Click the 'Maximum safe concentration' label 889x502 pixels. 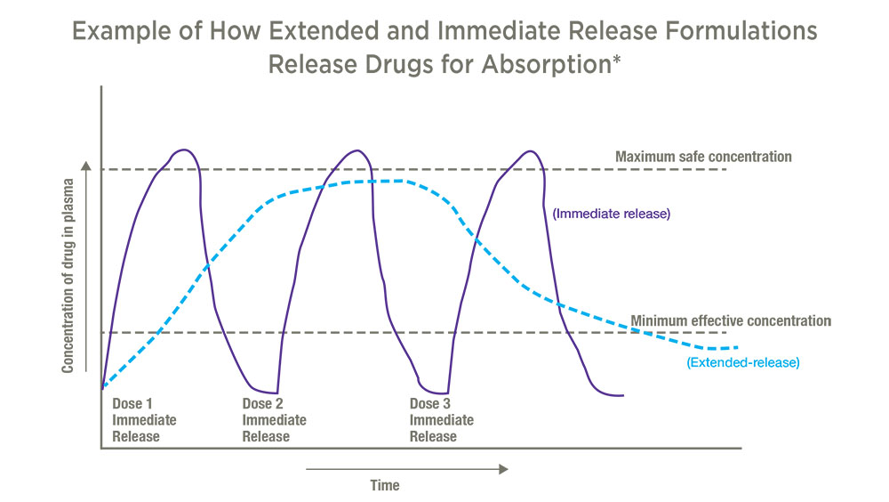pyautogui.click(x=703, y=157)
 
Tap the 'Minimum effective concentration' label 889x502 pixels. pyautogui.click(x=731, y=320)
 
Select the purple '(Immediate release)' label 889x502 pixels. pyautogui.click(x=612, y=214)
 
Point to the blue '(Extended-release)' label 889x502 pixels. pyautogui.click(x=742, y=362)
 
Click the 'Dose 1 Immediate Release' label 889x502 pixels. pyautogui.click(x=144, y=420)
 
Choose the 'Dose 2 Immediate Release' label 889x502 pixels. pyautogui.click(x=275, y=420)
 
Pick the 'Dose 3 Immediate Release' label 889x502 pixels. pyautogui.click(x=442, y=420)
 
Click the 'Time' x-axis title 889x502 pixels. pyautogui.click(x=385, y=485)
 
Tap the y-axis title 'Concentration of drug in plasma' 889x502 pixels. pyautogui.click(x=68, y=276)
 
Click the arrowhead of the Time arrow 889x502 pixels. pyautogui.click(x=503, y=469)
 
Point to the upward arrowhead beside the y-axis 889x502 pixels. pyautogui.click(x=85, y=166)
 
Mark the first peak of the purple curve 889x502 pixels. pyautogui.click(x=183, y=150)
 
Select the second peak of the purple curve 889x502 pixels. pyautogui.click(x=356, y=150)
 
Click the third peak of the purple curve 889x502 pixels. pyautogui.click(x=530, y=151)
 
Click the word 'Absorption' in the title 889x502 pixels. pyautogui.click(x=546, y=65)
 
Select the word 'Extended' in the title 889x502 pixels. pyautogui.click(x=324, y=30)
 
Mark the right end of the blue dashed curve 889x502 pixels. pyautogui.click(x=737, y=347)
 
